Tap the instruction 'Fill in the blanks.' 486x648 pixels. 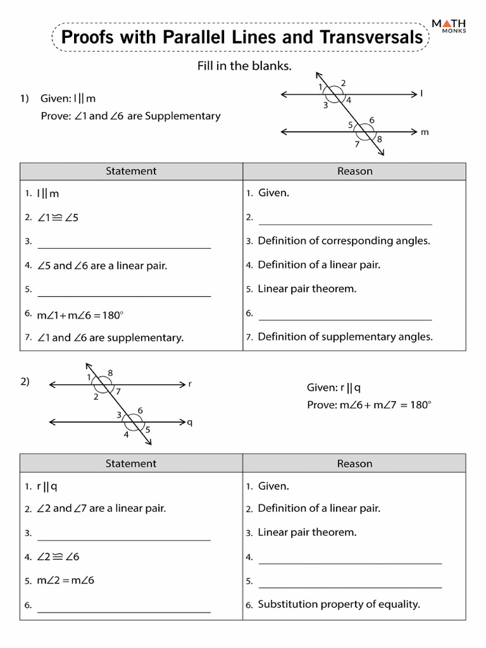[244, 66]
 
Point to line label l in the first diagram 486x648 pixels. [421, 94]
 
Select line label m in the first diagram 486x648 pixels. [425, 132]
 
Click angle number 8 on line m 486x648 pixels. [380, 139]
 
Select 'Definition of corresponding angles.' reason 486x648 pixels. [344, 240]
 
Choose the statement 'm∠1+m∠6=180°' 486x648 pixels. [78, 315]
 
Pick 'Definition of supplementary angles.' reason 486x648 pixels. [345, 337]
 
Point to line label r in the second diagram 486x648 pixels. [190, 383]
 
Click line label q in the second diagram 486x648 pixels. [190, 422]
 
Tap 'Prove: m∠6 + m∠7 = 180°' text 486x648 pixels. [368, 404]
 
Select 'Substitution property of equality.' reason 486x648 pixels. [339, 604]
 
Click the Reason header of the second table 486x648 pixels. [354, 464]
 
